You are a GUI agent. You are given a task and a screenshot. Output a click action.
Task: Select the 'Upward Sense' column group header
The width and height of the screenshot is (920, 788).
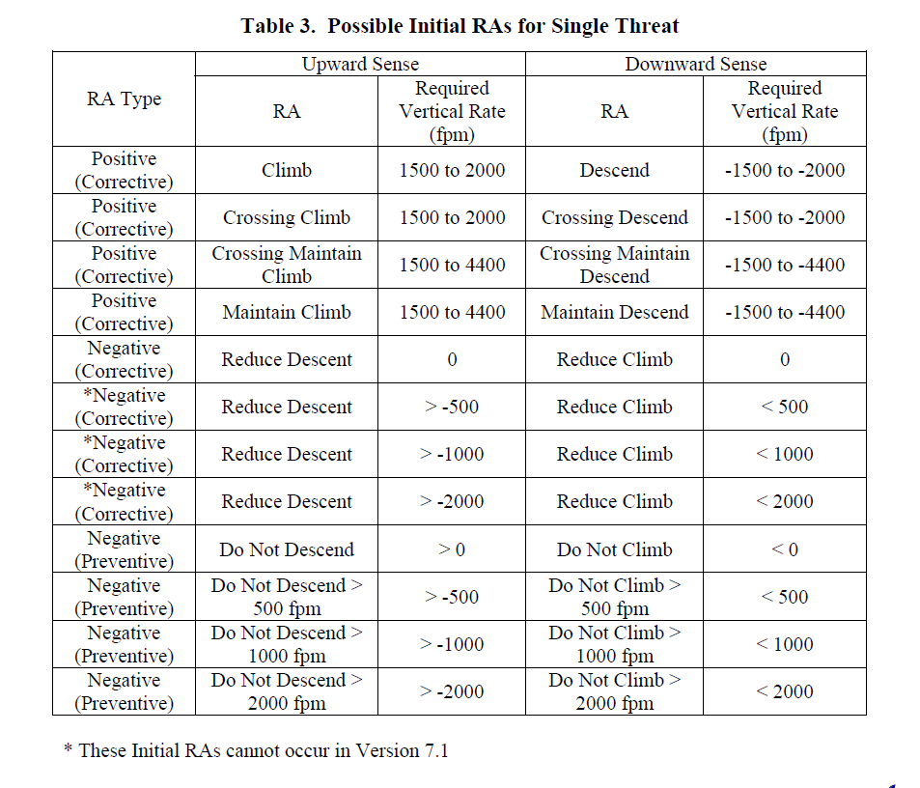click(x=360, y=65)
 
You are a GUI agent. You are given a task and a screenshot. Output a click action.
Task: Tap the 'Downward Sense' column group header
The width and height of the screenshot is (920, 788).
click(x=695, y=65)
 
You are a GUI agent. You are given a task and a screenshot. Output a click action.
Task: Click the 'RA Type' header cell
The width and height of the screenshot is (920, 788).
click(x=124, y=99)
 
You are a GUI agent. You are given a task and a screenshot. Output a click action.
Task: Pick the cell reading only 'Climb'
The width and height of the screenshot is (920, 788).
click(x=287, y=170)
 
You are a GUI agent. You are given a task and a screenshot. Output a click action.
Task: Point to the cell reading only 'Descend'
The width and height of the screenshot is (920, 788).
click(x=614, y=170)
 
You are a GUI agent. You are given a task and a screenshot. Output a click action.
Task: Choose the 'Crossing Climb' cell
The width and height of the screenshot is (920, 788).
click(x=287, y=217)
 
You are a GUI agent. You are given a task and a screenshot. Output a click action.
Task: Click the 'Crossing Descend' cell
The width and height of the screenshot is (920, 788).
click(x=614, y=217)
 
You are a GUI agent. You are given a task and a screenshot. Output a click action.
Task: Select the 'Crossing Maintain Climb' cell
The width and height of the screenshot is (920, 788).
click(x=287, y=265)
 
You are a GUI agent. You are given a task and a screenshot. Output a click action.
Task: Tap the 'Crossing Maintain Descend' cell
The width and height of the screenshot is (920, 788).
click(x=614, y=265)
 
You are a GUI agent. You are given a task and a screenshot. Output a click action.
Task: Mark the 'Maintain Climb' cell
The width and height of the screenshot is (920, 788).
click(x=287, y=312)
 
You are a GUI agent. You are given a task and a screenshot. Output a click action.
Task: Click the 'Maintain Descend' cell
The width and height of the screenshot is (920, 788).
click(x=614, y=312)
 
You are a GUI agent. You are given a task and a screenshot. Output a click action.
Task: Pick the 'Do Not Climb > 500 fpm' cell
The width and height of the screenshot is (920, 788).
click(x=614, y=597)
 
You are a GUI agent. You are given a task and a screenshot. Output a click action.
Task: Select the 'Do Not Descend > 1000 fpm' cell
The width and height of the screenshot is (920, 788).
click(x=287, y=644)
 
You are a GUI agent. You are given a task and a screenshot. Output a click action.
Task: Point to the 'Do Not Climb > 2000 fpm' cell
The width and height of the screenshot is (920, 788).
click(x=614, y=691)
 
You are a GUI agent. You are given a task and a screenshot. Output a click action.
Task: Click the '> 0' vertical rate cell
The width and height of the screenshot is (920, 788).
click(x=452, y=549)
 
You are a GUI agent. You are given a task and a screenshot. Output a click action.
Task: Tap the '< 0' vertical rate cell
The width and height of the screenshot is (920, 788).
click(x=784, y=549)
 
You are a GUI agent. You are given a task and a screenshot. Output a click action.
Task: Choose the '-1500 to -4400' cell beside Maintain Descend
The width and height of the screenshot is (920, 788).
click(x=784, y=312)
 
